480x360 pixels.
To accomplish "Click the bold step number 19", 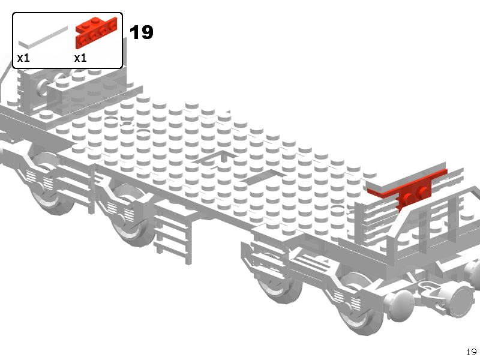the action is [142, 32].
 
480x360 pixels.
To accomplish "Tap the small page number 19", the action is [471, 352].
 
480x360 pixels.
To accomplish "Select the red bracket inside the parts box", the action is [97, 32].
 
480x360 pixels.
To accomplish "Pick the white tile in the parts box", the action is [43, 38].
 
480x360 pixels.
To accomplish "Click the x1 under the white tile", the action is [23, 58].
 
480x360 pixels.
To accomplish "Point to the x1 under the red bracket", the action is [80, 58].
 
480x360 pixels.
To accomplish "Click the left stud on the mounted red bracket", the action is [408, 199].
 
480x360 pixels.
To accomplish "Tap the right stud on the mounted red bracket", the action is [424, 192].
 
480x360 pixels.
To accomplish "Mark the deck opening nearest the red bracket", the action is [263, 178].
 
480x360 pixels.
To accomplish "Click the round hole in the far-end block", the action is [43, 87].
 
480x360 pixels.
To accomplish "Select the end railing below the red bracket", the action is [416, 223].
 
